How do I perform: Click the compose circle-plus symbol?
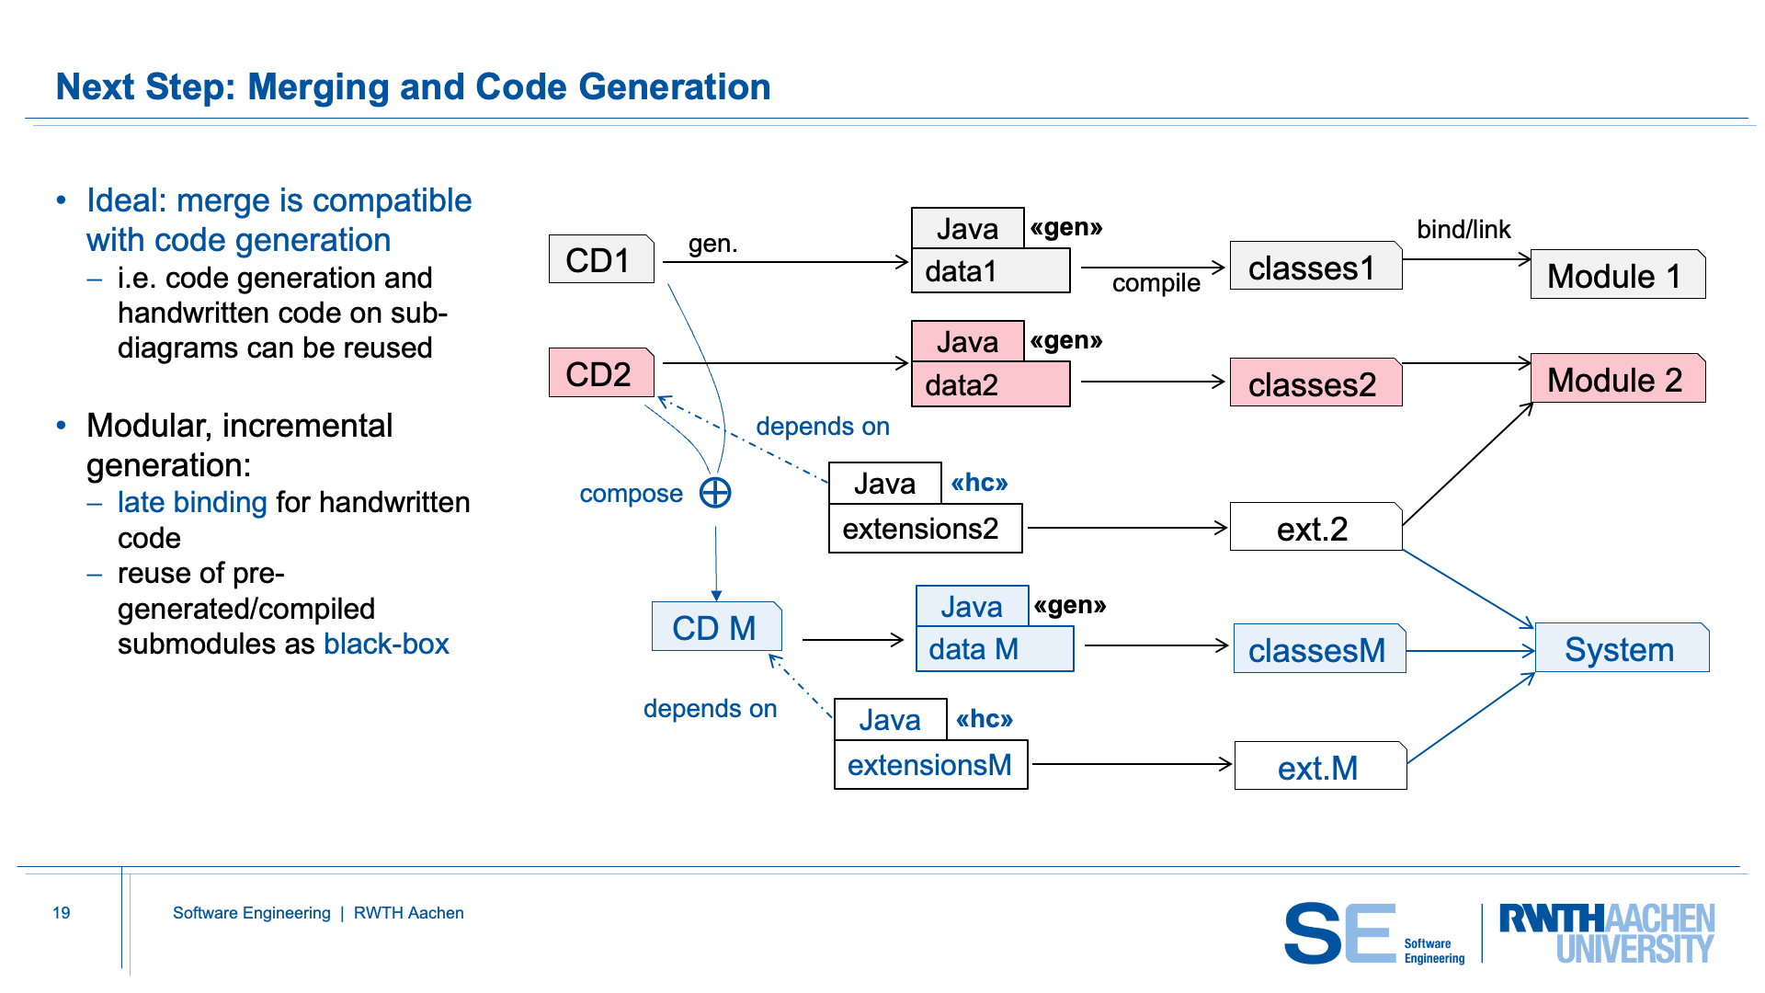point(715,493)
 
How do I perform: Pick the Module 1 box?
point(1617,275)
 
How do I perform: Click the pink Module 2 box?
point(1617,379)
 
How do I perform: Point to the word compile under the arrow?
point(1156,283)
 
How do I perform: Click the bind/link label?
point(1463,229)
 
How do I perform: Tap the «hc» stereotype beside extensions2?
point(979,483)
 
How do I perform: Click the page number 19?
point(62,913)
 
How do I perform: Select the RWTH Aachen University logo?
point(1606,932)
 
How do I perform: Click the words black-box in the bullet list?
point(386,644)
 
